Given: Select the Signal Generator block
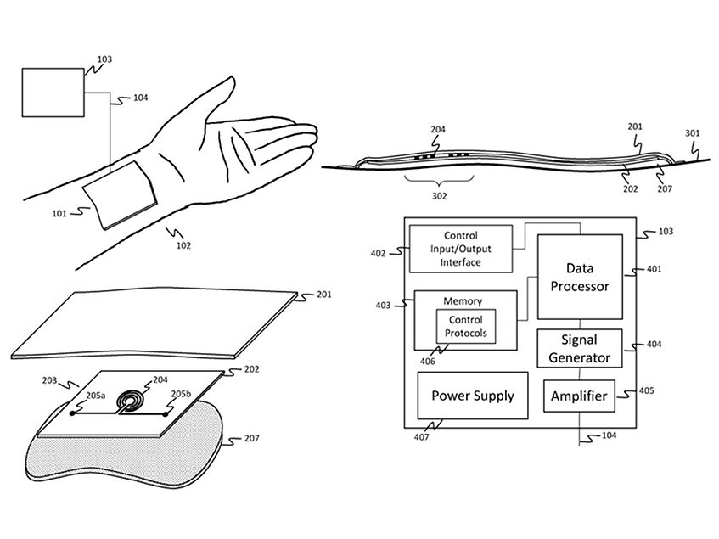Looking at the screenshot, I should [579, 348].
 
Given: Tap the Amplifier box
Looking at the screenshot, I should [579, 396].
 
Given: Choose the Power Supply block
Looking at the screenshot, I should [473, 396].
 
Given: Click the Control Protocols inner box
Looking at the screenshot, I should [464, 327].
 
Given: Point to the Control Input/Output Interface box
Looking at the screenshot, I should [461, 249].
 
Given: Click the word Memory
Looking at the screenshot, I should [463, 301].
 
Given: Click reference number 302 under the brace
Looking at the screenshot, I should [438, 194].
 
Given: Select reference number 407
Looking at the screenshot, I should [422, 436].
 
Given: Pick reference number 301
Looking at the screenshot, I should [692, 132].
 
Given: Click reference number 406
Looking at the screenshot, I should [430, 360].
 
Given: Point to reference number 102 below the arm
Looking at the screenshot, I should [183, 246].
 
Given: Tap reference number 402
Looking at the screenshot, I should [379, 252].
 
